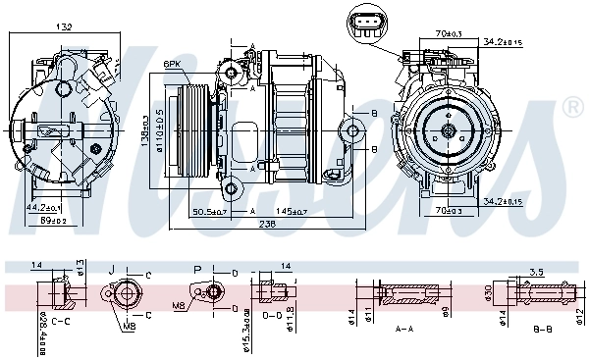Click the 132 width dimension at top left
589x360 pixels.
(x=63, y=27)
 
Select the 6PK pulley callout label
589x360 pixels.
(x=173, y=64)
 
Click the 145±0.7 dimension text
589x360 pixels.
(x=293, y=211)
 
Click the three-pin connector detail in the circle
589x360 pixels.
(x=368, y=25)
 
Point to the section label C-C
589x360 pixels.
(x=61, y=321)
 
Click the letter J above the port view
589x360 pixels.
(x=112, y=268)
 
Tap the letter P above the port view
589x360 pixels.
(x=196, y=268)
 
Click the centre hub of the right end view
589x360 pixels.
(x=449, y=129)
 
